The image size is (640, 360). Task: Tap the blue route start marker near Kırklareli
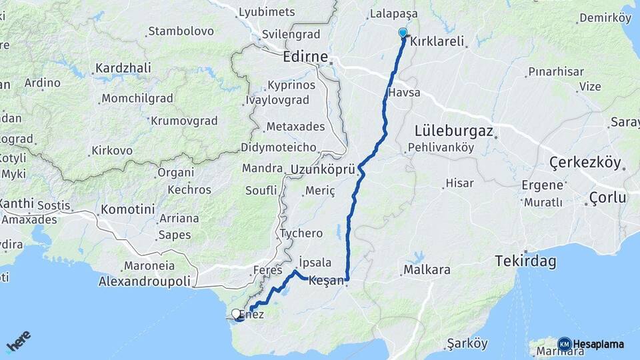403,33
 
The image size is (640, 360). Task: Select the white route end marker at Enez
236,313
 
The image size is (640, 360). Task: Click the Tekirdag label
525,262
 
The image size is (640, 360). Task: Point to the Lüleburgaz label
453,131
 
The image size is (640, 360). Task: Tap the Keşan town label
326,281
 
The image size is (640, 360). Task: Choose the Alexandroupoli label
144,281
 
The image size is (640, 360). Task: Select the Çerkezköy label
585,163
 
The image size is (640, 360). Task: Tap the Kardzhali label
123,68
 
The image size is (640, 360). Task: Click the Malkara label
427,270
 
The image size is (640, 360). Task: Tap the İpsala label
315,262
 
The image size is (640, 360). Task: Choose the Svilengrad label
291,34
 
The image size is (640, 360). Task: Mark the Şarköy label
467,343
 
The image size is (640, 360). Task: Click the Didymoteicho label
278,147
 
